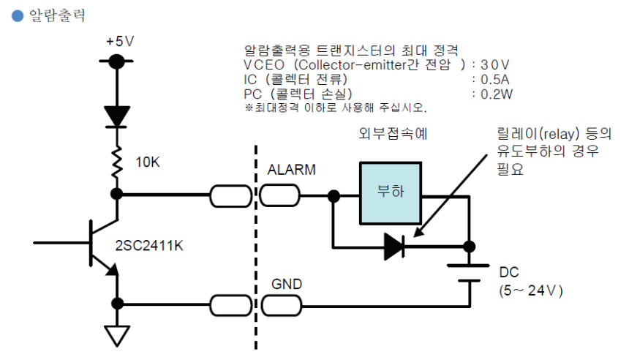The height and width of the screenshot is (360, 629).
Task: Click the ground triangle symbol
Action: coord(116,335)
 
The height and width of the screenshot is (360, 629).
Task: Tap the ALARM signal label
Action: coord(292,170)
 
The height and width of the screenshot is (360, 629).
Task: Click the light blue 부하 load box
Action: coord(390,192)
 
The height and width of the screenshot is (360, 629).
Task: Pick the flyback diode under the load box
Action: coord(394,247)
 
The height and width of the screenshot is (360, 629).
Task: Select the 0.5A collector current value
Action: coord(493,79)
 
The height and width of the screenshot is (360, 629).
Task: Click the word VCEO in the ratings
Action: coord(261,64)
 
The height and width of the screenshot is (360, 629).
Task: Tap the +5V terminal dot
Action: coord(116,61)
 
